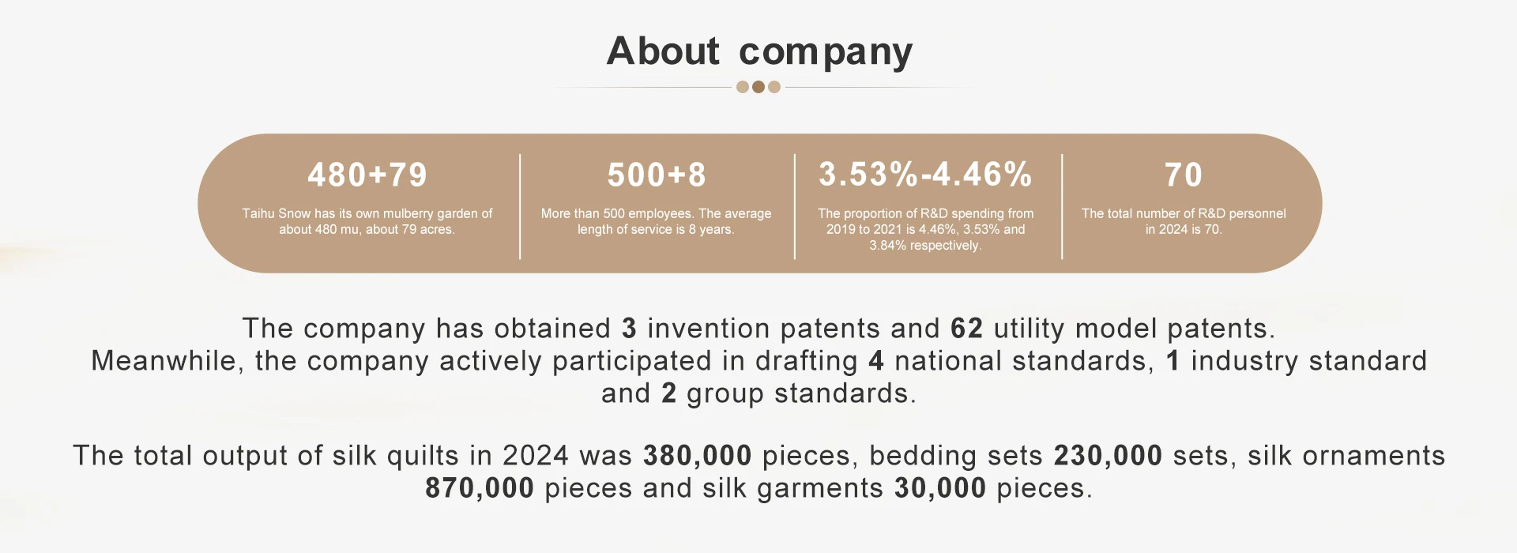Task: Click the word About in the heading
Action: click(663, 51)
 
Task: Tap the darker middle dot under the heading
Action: click(758, 87)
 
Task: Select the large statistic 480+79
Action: click(367, 175)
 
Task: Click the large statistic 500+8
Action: click(657, 175)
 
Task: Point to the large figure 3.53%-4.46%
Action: click(925, 175)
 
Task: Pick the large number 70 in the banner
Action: click(1184, 175)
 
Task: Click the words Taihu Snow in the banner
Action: click(277, 213)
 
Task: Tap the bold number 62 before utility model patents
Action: click(967, 328)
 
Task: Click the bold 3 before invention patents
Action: click(629, 328)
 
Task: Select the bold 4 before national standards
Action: click(876, 360)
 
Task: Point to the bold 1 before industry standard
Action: click(1173, 360)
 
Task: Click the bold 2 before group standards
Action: click(668, 393)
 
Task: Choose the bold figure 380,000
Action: click(698, 456)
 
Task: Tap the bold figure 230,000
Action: click(1108, 456)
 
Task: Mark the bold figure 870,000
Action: click(480, 488)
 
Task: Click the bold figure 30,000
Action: click(940, 488)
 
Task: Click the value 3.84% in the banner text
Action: click(888, 245)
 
